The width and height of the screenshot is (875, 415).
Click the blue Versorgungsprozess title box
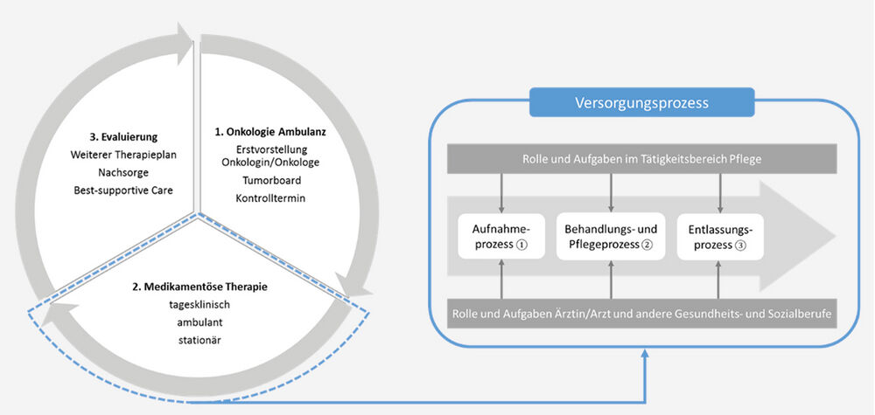[x=641, y=102]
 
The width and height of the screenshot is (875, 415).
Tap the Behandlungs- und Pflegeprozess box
[x=611, y=236]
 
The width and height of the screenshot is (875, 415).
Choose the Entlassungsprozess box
[x=721, y=236]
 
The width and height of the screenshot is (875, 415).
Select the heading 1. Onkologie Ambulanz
[x=270, y=133]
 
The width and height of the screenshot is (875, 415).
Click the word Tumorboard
[x=270, y=180]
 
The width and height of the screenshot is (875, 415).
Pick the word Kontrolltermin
[x=270, y=198]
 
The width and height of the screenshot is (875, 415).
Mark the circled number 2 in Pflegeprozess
[x=647, y=246]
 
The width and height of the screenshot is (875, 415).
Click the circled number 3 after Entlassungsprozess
[x=740, y=246]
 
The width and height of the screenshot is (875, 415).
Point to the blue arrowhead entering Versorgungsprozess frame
[x=643, y=354]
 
